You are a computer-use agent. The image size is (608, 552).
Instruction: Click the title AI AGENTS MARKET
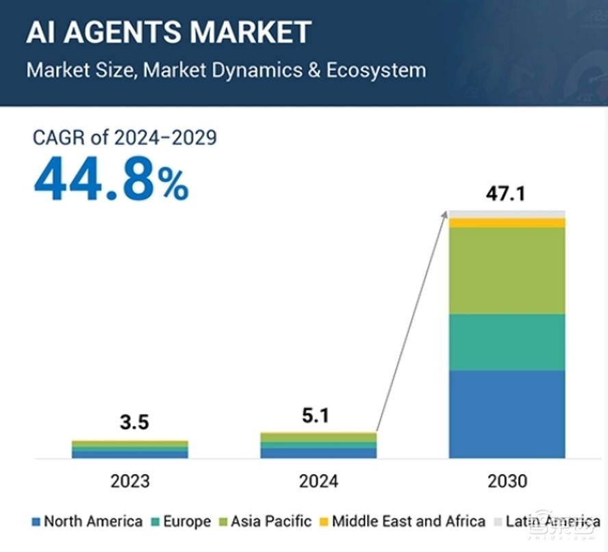[x=168, y=32]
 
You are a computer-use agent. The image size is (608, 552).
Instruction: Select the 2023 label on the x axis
[x=130, y=482]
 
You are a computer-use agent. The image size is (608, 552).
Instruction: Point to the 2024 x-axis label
[x=318, y=482]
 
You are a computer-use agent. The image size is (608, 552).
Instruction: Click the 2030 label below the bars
[x=507, y=482]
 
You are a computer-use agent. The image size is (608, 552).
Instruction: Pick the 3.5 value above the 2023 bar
[x=134, y=422]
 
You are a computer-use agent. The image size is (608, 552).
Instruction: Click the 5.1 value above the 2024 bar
[x=316, y=415]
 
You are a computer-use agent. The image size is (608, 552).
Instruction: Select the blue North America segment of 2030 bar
[x=507, y=414]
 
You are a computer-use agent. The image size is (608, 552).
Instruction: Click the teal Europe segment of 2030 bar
[x=507, y=342]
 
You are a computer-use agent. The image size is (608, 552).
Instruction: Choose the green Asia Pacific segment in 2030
[x=507, y=271]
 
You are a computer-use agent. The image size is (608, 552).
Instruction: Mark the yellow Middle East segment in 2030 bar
[x=507, y=223]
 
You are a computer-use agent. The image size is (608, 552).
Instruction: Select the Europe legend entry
[x=181, y=522]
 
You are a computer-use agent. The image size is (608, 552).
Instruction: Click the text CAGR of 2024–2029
[x=125, y=137]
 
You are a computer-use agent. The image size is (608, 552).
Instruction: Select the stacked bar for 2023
[x=130, y=449]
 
